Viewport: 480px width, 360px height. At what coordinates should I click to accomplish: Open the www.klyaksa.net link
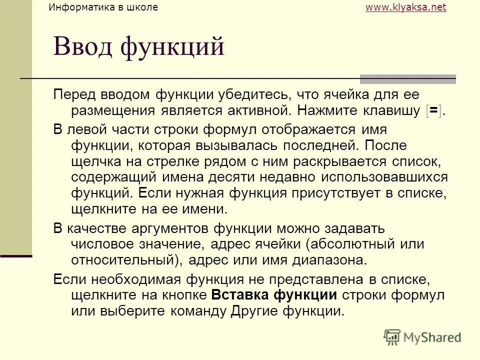click(405, 7)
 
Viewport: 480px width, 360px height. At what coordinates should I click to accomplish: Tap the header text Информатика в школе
click(103, 7)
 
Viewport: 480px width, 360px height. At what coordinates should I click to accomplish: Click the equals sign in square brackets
click(433, 110)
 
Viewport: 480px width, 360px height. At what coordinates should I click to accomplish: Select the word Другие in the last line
click(255, 311)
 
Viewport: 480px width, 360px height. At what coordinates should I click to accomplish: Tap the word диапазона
click(332, 261)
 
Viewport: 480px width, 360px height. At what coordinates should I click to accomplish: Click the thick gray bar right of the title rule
click(408, 79)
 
